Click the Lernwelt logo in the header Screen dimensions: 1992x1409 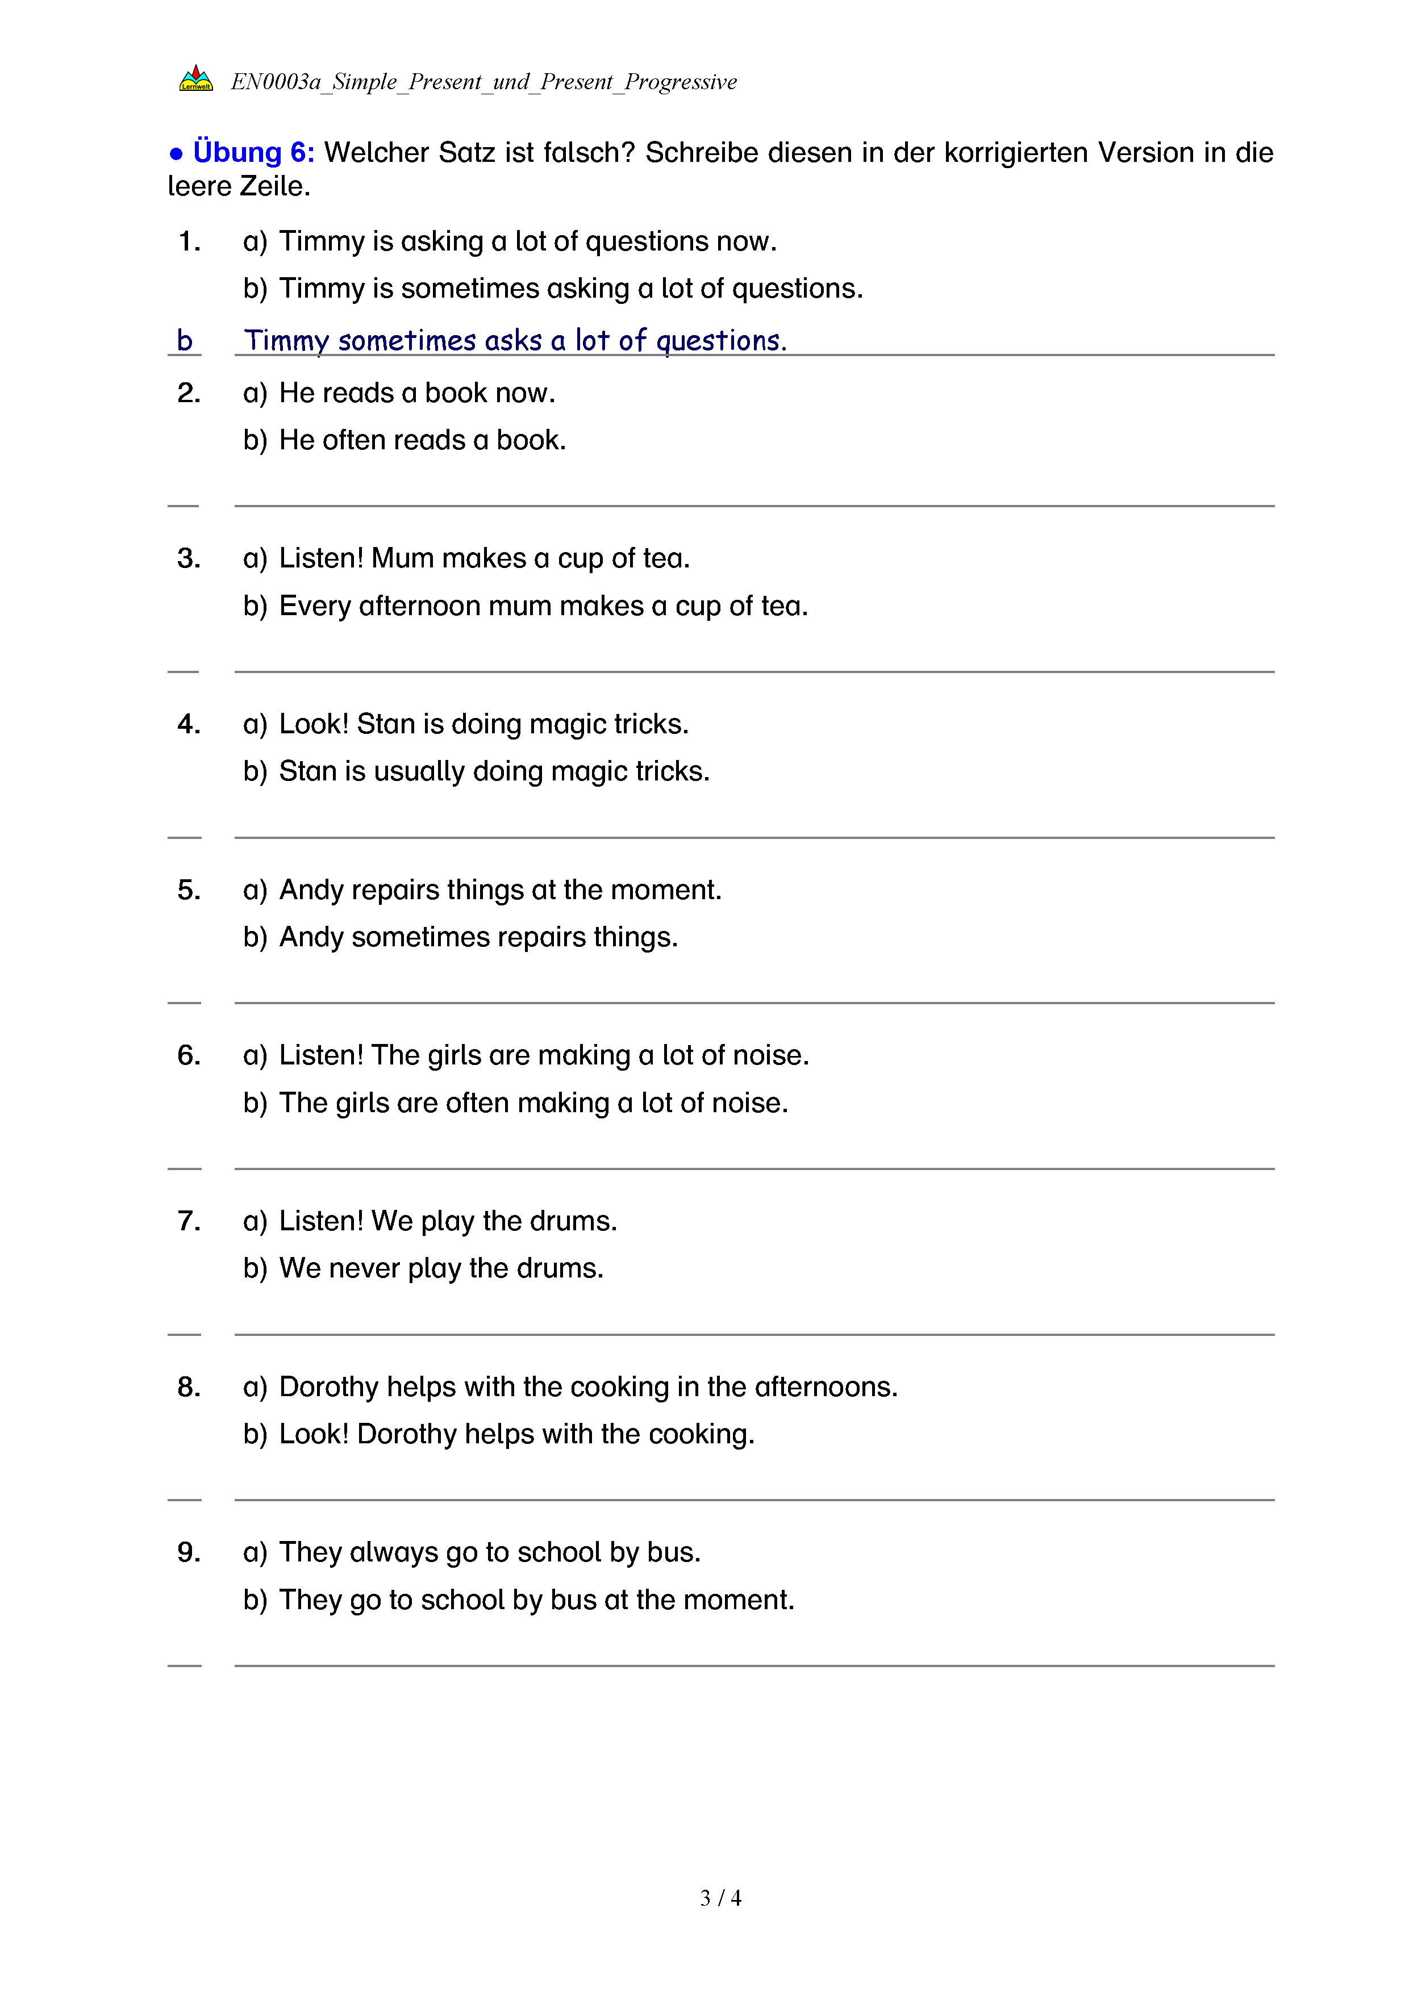[196, 79]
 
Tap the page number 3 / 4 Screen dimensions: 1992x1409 [720, 1898]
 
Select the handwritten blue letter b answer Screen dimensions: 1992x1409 [184, 340]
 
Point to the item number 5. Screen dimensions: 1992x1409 [188, 889]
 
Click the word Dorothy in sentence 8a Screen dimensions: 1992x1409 [329, 1387]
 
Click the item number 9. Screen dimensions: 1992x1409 [188, 1552]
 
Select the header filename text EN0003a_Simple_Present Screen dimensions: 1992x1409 [356, 82]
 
